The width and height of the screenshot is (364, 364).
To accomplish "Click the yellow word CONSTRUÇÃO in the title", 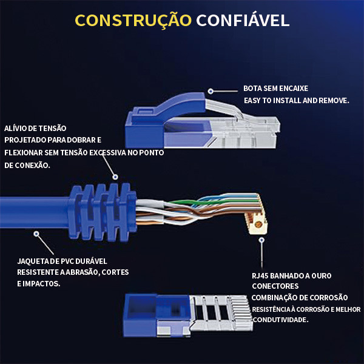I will click(132, 21).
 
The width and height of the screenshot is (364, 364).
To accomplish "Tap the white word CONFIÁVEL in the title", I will click(241, 21).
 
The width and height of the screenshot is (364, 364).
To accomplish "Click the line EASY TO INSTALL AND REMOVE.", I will click(296, 101).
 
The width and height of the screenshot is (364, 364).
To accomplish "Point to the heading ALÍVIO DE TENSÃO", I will click(35, 128).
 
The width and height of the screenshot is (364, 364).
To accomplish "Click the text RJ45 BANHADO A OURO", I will click(291, 275).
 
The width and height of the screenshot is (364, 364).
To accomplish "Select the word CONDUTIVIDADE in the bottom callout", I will click(280, 320).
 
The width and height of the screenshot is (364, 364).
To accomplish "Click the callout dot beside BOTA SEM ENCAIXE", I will click(211, 91).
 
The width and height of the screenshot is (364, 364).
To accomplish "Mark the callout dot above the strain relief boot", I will click(113, 176).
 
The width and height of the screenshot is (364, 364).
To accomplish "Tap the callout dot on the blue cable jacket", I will click(36, 232).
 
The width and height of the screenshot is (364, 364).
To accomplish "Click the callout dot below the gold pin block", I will click(261, 239).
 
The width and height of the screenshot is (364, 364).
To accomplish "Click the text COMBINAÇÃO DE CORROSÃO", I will click(300, 297).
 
